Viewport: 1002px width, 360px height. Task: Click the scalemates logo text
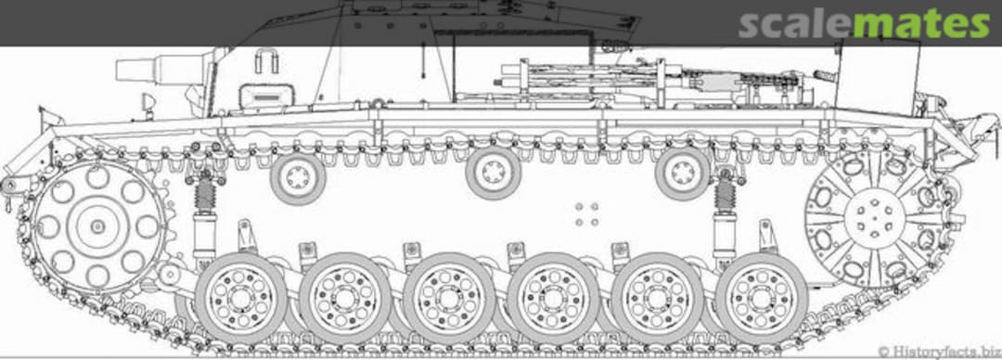864,24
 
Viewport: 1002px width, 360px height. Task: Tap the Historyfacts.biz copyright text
939,351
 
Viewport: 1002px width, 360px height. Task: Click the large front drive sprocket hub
97,226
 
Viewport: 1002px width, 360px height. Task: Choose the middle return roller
494,173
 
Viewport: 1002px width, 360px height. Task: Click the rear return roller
683,173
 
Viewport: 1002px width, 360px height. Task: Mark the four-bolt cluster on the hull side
586,214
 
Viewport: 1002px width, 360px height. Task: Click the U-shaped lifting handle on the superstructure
266,61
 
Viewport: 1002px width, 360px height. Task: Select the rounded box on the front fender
266,96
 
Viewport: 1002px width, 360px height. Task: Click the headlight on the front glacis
148,102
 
